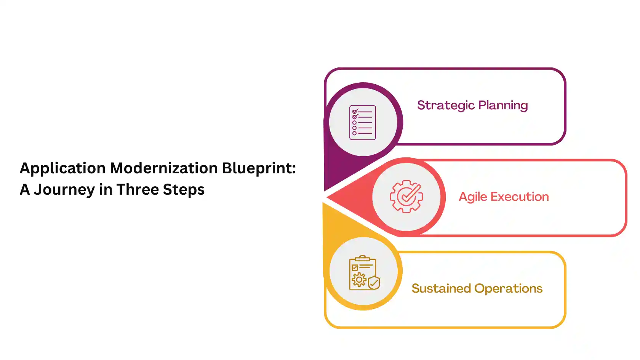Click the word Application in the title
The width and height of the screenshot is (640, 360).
62,168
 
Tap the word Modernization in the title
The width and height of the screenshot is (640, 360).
164,168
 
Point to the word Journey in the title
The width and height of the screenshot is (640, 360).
64,190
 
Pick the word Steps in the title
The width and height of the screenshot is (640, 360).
183,190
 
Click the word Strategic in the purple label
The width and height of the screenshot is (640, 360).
446,106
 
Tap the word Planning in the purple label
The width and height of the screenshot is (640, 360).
503,106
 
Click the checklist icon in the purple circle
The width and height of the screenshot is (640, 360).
363,123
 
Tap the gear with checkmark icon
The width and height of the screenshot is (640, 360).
406,197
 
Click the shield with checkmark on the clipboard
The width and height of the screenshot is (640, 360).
374,283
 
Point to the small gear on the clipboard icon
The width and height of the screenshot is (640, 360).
359,280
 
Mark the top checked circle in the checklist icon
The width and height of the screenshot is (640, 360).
355,112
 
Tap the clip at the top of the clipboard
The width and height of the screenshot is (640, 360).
363,258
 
